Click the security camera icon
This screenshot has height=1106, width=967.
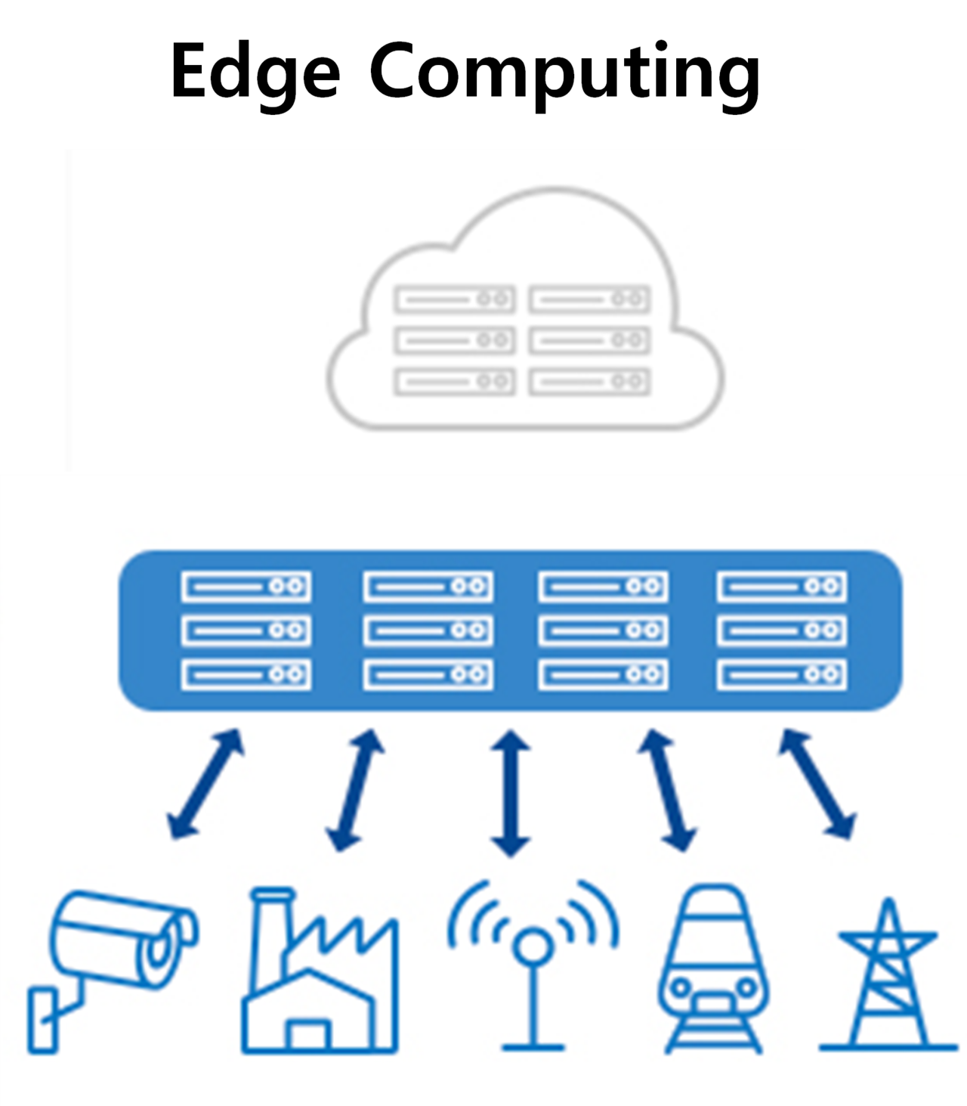coord(113,960)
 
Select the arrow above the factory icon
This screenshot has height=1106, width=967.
coord(355,790)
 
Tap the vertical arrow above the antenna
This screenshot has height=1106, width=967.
coord(511,793)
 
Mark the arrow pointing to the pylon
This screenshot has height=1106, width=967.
coord(817,784)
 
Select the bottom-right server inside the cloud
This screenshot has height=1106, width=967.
coord(589,382)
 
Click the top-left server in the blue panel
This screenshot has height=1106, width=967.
coord(246,587)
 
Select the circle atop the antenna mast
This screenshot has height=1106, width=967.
coord(534,946)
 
